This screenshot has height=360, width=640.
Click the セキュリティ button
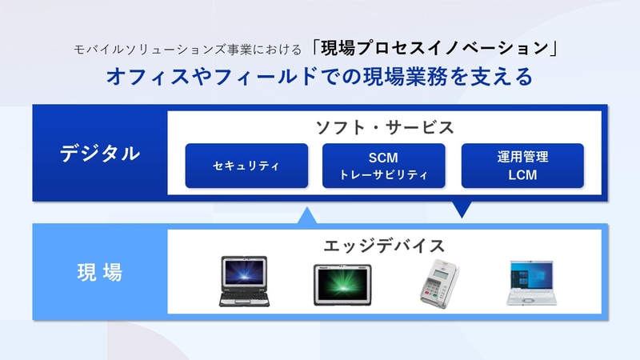coord(246,166)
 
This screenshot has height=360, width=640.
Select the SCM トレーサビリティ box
coord(383,166)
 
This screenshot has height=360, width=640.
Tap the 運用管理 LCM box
coord(522,166)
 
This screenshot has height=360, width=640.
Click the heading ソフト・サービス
coord(384,127)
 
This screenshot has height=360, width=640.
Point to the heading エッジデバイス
coord(384,245)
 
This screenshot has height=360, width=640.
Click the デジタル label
coord(100,154)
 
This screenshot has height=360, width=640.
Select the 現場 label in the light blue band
coord(100,272)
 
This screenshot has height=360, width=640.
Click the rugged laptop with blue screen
coord(243,281)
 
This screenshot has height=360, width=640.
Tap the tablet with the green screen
coord(342,282)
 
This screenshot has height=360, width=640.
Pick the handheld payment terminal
coord(435,282)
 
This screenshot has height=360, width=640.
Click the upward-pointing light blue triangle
coord(307,215)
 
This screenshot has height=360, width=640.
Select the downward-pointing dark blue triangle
coord(461,210)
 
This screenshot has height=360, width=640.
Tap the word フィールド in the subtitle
coord(239,77)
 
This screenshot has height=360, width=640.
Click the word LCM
coord(522,174)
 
